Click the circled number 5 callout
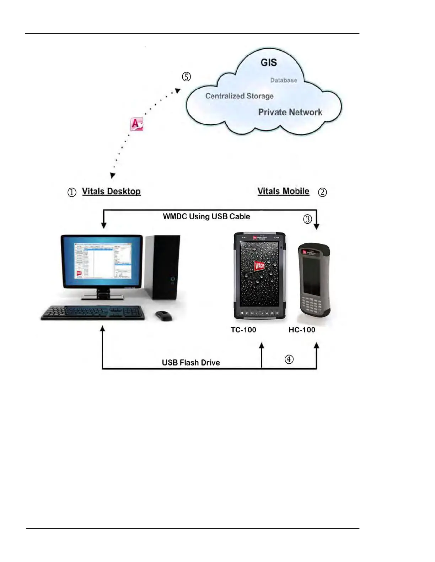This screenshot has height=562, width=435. [x=186, y=77]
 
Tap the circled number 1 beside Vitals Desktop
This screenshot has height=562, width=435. [x=72, y=192]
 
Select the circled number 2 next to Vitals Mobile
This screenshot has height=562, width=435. [x=322, y=192]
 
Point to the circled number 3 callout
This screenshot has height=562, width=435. [x=307, y=219]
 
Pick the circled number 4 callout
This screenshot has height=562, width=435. [x=289, y=359]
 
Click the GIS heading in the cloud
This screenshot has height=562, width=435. [x=269, y=63]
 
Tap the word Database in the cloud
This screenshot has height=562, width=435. [x=283, y=81]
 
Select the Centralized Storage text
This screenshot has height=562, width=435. [x=239, y=96]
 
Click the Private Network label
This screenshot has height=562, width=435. [x=290, y=112]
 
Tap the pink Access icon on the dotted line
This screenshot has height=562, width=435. [x=136, y=124]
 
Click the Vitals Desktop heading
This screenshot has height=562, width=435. [x=111, y=192]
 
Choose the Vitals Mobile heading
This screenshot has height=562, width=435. [x=283, y=192]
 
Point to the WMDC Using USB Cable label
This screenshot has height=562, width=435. [x=206, y=216]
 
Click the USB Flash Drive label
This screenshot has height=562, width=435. [x=191, y=363]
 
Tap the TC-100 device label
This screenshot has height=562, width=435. [x=243, y=330]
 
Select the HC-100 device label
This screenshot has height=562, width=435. [x=302, y=330]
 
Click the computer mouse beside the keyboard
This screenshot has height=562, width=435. [x=163, y=315]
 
